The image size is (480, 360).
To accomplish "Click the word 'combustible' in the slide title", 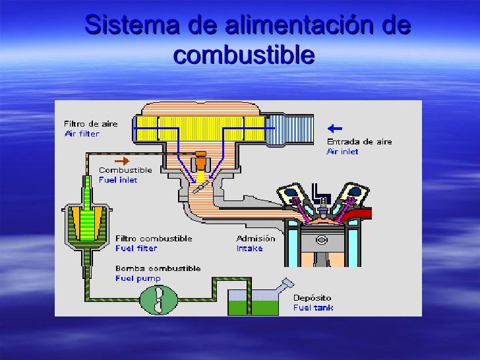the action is coord(243,55).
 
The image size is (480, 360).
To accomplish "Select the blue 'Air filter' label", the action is coord(82,133).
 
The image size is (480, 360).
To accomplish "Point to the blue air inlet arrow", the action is coord(335,128).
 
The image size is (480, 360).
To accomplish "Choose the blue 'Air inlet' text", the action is coord(343,151).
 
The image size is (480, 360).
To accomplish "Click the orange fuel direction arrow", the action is coord(122,160).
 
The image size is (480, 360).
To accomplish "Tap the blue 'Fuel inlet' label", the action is coord(119,179).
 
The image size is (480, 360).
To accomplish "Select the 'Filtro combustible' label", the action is coord(154,238).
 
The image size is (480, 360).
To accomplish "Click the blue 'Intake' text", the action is coord(249,248).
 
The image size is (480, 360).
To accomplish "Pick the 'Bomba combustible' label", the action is coord(158,268).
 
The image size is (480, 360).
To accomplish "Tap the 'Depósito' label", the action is coord(313,298).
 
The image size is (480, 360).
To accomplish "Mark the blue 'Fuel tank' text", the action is coord(313,307).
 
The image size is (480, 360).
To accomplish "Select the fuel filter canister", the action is coord(85,224).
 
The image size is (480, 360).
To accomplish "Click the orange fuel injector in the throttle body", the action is coord(199,162).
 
